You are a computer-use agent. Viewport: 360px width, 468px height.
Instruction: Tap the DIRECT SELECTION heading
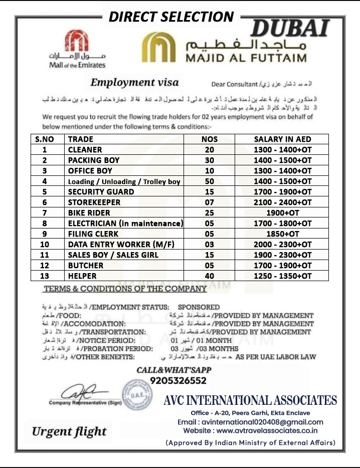(171, 17)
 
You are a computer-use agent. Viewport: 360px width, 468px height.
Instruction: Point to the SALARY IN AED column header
(282, 139)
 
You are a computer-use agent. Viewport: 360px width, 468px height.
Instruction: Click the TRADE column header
(81, 139)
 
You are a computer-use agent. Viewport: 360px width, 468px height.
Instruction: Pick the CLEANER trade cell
(85, 150)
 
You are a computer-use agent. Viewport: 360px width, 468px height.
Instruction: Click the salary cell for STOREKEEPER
(282, 202)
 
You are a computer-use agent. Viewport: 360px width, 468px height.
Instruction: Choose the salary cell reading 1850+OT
(282, 234)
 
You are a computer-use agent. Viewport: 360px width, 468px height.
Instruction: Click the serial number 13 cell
(45, 276)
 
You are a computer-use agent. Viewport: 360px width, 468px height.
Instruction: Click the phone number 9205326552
(178, 381)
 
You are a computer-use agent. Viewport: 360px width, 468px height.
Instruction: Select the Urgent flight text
(69, 431)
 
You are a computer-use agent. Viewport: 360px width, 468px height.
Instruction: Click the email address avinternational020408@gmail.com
(250, 422)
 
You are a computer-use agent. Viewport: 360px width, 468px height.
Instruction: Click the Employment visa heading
(134, 83)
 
